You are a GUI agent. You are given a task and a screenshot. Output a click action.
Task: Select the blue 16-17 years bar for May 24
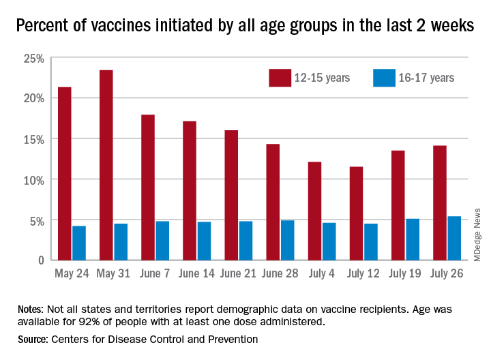pyautogui.click(x=79, y=243)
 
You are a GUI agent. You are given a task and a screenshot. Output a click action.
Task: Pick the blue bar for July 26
pyautogui.click(x=453, y=238)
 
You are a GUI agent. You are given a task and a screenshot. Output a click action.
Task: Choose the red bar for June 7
pyautogui.click(x=148, y=187)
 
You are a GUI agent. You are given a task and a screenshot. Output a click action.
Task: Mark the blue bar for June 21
pyautogui.click(x=245, y=240)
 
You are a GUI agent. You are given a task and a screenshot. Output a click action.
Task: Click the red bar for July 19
pyautogui.click(x=398, y=205)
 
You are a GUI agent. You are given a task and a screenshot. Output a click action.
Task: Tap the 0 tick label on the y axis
pyautogui.click(x=40, y=260)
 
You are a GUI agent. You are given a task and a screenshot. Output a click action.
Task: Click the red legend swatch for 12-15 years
pyautogui.click(x=280, y=77)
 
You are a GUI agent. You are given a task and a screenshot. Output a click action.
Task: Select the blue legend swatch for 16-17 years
pyautogui.click(x=385, y=77)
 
